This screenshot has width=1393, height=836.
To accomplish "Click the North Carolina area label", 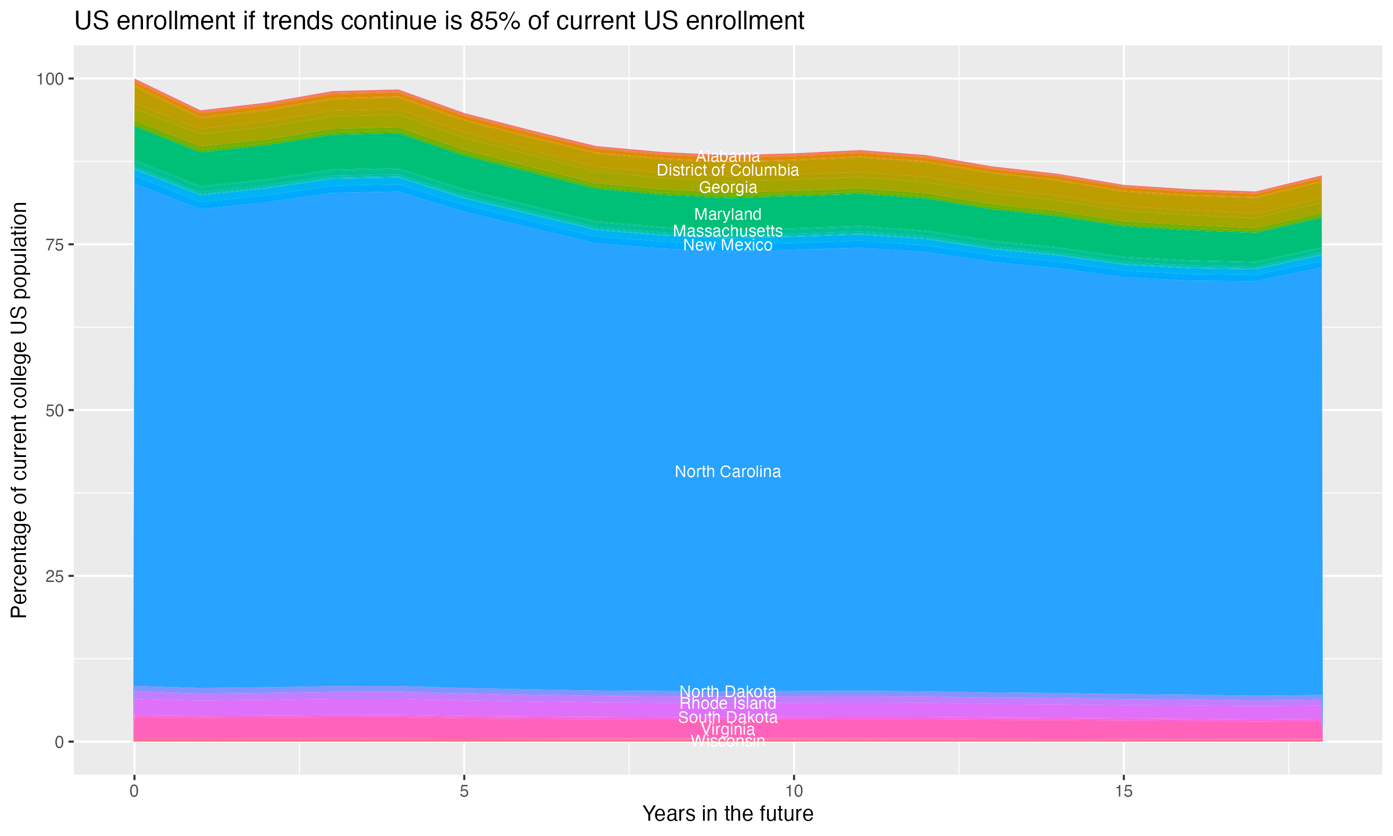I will [x=728, y=471].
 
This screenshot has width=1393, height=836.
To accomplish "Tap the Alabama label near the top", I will [x=728, y=156].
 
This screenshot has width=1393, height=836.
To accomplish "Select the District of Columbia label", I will [x=728, y=170].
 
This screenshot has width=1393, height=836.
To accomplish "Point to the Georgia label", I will [x=728, y=188].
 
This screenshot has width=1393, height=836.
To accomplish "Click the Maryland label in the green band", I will [x=728, y=214].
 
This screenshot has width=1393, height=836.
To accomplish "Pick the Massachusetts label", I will [x=728, y=231].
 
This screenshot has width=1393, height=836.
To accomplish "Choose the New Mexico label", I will [x=728, y=245].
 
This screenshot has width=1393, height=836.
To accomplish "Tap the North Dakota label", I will [x=728, y=691].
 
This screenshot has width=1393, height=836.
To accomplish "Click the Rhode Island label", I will [x=728, y=704].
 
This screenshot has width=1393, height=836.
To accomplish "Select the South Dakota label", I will [x=728, y=717].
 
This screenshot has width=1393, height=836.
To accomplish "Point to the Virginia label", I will [x=728, y=730].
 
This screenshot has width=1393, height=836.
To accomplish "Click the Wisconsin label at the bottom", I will [x=728, y=741].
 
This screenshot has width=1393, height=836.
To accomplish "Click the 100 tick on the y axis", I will [x=51, y=79].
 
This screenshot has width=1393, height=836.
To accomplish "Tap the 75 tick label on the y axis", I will [x=55, y=244].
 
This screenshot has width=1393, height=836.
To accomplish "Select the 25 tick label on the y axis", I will [x=55, y=576].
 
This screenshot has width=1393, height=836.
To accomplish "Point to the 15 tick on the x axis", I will [x=1123, y=791].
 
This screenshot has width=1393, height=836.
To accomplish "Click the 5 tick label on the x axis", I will [x=464, y=791].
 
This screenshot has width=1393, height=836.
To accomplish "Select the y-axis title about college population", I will [x=19, y=410].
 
